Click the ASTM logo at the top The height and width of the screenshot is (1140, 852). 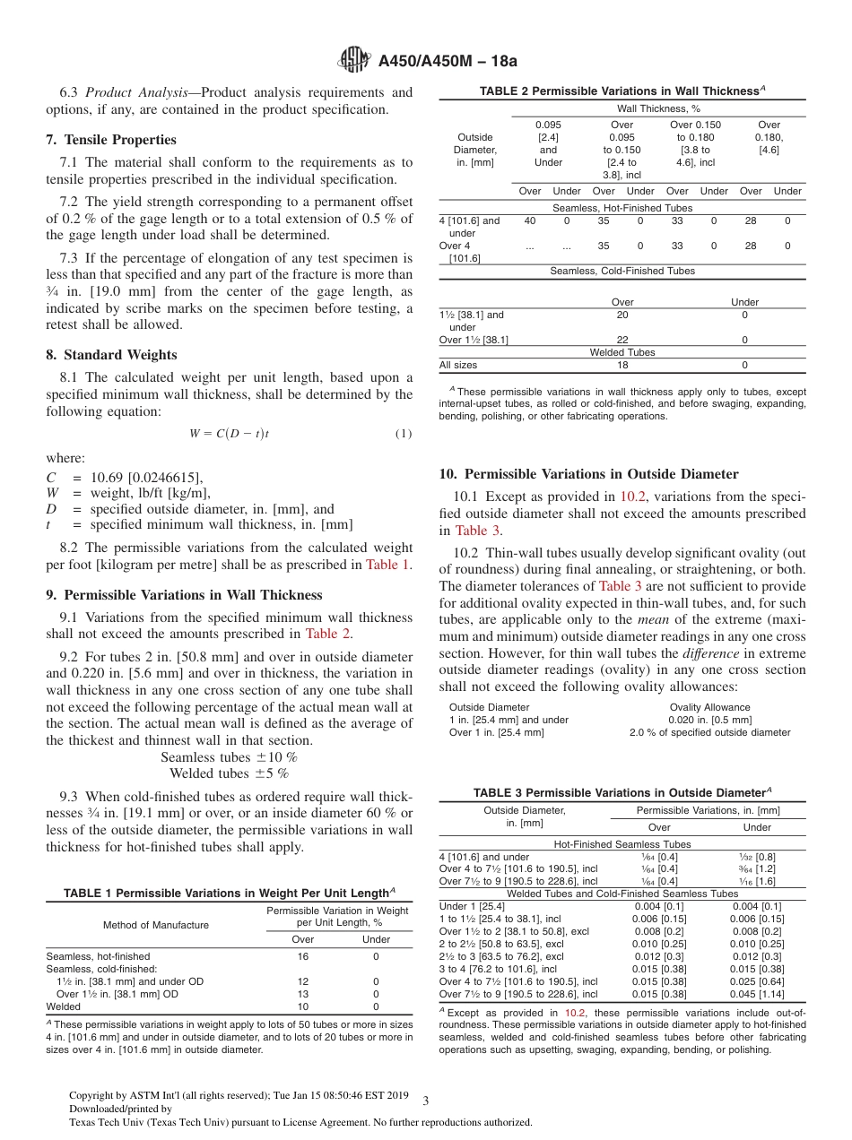coord(354,61)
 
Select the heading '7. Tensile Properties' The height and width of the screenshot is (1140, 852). coord(111,140)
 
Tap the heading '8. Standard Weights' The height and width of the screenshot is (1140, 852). coord(111,355)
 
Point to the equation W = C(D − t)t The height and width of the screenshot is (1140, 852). coord(229,434)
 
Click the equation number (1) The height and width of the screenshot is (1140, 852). coord(403,434)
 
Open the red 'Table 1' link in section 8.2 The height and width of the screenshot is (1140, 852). coord(387,565)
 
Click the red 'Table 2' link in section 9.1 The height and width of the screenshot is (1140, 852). coord(328,634)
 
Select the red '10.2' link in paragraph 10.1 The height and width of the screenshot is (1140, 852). coord(634,497)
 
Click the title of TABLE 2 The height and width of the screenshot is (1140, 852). coord(622,91)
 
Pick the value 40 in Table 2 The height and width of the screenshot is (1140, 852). coord(530,220)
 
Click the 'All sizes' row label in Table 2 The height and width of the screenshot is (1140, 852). coord(457,366)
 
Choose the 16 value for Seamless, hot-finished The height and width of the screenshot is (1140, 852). coord(303,956)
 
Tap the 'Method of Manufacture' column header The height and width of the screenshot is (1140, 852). coord(155,925)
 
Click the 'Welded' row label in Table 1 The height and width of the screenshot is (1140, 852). coord(63,1006)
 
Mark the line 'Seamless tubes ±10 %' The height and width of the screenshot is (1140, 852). coord(229,757)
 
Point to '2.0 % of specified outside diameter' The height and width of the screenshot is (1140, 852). coord(709,732)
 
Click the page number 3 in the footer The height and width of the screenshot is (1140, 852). coord(426,1101)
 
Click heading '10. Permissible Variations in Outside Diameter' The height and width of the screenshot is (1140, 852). coord(588,474)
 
